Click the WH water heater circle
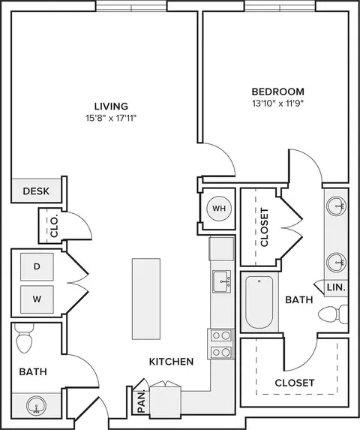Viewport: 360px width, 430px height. (219, 209)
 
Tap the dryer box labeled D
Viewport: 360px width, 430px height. (37, 266)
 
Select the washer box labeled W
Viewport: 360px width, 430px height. (37, 299)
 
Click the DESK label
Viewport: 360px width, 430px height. (36, 191)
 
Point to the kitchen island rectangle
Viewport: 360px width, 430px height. (146, 299)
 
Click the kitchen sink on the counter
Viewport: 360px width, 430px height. (222, 282)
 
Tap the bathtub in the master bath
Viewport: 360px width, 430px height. (259, 302)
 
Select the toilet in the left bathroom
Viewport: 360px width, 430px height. (24, 338)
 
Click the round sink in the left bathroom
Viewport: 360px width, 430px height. (36, 405)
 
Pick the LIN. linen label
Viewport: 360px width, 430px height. (336, 287)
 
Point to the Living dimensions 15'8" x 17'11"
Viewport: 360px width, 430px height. (111, 119)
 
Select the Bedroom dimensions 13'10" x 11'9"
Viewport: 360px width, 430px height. (278, 104)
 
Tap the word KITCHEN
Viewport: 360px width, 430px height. (171, 362)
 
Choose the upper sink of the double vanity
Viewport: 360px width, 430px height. (336, 205)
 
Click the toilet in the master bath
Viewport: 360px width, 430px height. (333, 314)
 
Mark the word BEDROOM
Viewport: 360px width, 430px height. (278, 92)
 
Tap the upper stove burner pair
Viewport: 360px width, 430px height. (221, 335)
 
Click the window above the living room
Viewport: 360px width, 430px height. (131, 6)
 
